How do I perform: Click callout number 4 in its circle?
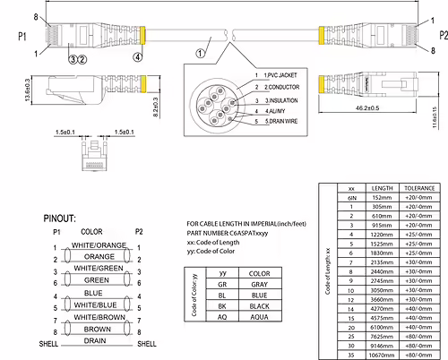click(x=137, y=56)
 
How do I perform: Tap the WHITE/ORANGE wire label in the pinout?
click(x=99, y=244)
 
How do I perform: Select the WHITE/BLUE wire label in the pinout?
click(x=99, y=303)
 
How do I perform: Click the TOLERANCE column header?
click(x=420, y=188)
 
